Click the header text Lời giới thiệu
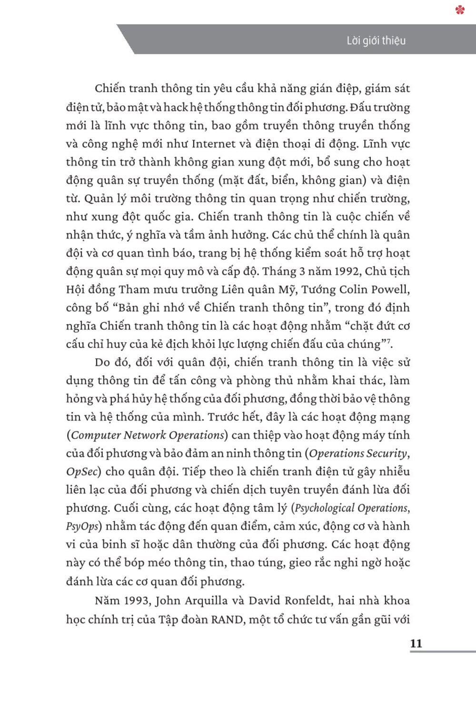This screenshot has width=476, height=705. tap(376, 40)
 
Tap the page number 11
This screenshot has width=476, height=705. tap(416, 643)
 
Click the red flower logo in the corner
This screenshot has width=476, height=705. tap(460, 9)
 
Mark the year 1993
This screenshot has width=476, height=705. tap(136, 601)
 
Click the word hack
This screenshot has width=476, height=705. tap(176, 108)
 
